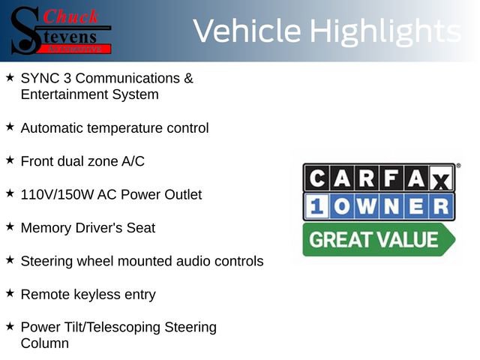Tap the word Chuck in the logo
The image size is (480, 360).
pyautogui.click(x=71, y=16)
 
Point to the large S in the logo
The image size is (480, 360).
pyautogui.click(x=25, y=30)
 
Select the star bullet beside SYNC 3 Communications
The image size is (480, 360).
pyautogui.click(x=10, y=77)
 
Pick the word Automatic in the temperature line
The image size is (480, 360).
pyautogui.click(x=52, y=127)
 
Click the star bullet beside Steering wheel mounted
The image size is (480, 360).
pyautogui.click(x=10, y=259)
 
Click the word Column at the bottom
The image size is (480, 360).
pyautogui.click(x=44, y=343)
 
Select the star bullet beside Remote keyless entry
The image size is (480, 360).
pyautogui.click(x=10, y=293)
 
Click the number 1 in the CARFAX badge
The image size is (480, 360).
pyautogui.click(x=316, y=206)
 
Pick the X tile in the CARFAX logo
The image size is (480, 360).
pyautogui.click(x=441, y=180)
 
